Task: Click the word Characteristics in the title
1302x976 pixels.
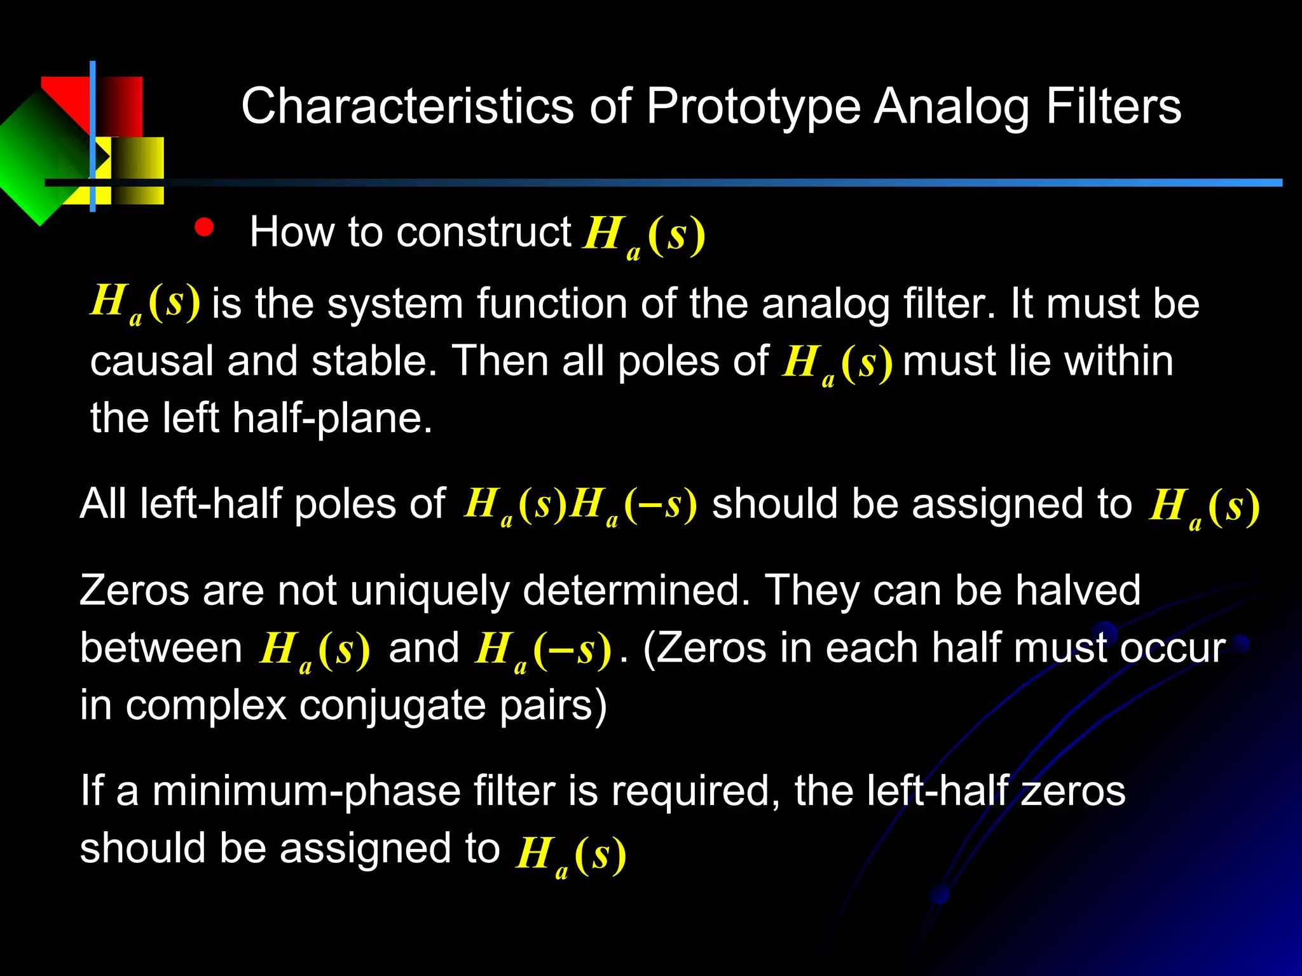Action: point(407,106)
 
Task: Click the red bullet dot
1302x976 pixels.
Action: point(204,227)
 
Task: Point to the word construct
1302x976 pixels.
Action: point(484,232)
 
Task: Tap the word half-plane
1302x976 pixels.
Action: point(332,419)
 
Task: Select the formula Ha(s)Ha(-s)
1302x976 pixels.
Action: point(580,506)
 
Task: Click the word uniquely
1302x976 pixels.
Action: point(430,590)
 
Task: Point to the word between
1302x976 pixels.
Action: point(161,648)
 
